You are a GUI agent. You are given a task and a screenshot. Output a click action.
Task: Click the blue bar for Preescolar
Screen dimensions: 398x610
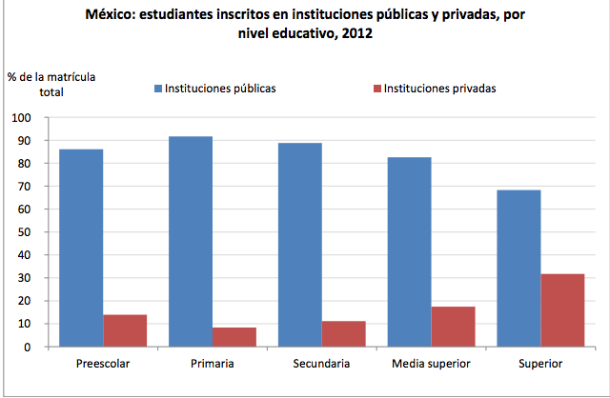tap(81, 248)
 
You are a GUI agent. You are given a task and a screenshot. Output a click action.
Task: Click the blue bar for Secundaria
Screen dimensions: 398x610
tap(299, 245)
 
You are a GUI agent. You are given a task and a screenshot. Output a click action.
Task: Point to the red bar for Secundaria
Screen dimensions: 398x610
tap(343, 333)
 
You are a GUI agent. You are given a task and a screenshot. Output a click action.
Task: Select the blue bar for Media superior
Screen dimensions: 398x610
tap(409, 251)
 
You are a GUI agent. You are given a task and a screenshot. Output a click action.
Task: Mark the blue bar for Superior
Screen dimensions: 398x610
tap(518, 269)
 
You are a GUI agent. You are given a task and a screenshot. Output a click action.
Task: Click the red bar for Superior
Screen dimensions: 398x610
tap(561, 310)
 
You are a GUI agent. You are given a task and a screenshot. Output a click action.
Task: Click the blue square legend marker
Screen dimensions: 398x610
tap(158, 89)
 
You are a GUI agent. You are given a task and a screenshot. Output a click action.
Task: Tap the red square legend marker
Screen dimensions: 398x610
tap(376, 89)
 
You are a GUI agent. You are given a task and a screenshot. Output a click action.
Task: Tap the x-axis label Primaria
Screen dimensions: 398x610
tap(212, 364)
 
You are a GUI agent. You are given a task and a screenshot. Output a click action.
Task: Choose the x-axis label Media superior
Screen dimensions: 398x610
tap(430, 364)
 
